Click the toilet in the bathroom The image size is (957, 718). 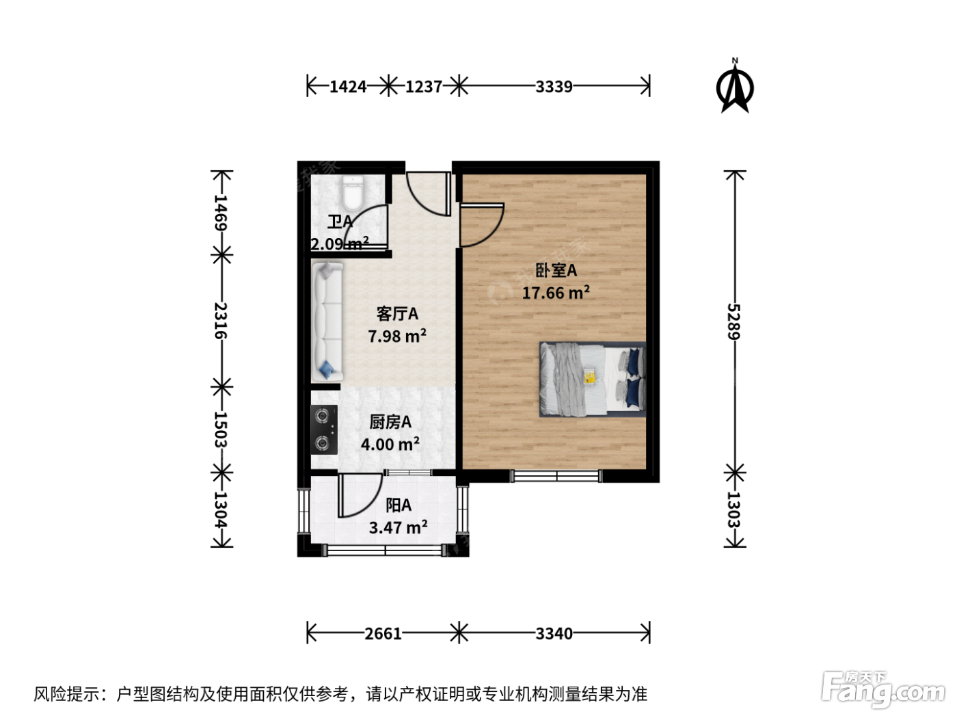click(353, 192)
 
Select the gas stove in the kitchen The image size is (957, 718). click(324, 430)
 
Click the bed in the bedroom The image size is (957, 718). click(593, 379)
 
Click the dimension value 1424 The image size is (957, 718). click(348, 87)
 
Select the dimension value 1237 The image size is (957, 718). click(424, 87)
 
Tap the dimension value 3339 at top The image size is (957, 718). click(554, 87)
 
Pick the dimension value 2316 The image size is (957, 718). click(221, 321)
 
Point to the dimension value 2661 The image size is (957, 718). click(383, 634)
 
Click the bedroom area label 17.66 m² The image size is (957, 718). click(556, 293)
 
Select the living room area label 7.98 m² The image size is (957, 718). click(397, 336)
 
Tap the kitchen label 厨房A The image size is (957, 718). click(390, 422)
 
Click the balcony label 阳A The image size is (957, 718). click(399, 505)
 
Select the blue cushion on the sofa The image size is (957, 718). click(327, 370)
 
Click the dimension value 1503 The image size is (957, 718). click(221, 430)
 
